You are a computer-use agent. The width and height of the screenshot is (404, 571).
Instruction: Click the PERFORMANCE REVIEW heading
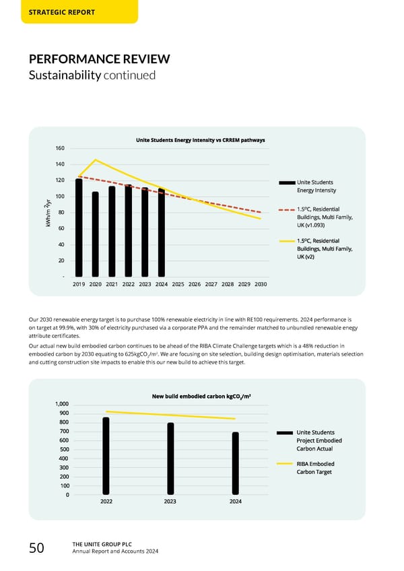tap(98, 59)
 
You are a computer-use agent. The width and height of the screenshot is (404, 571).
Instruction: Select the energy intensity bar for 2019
tap(79, 228)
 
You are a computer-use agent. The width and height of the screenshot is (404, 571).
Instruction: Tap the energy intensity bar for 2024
tap(162, 232)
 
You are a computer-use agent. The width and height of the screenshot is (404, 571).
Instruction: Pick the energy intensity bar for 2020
tap(96, 234)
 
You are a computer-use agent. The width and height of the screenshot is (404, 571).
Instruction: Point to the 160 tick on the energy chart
tap(60, 148)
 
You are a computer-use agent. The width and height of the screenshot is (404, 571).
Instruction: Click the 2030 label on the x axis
tap(261, 284)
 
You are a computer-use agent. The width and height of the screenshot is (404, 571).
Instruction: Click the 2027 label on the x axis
tap(211, 284)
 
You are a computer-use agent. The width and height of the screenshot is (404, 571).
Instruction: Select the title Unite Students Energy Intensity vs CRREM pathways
tap(200, 140)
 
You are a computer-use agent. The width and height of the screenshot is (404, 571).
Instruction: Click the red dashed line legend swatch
tap(285, 213)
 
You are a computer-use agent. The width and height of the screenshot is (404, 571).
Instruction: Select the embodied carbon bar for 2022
tap(106, 456)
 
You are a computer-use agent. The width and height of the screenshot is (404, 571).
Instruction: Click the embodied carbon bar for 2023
tap(171, 459)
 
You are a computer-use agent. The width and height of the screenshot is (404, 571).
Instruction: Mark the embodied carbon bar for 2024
tap(236, 463)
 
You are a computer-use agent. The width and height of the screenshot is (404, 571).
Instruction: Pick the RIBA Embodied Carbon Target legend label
tap(315, 467)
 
